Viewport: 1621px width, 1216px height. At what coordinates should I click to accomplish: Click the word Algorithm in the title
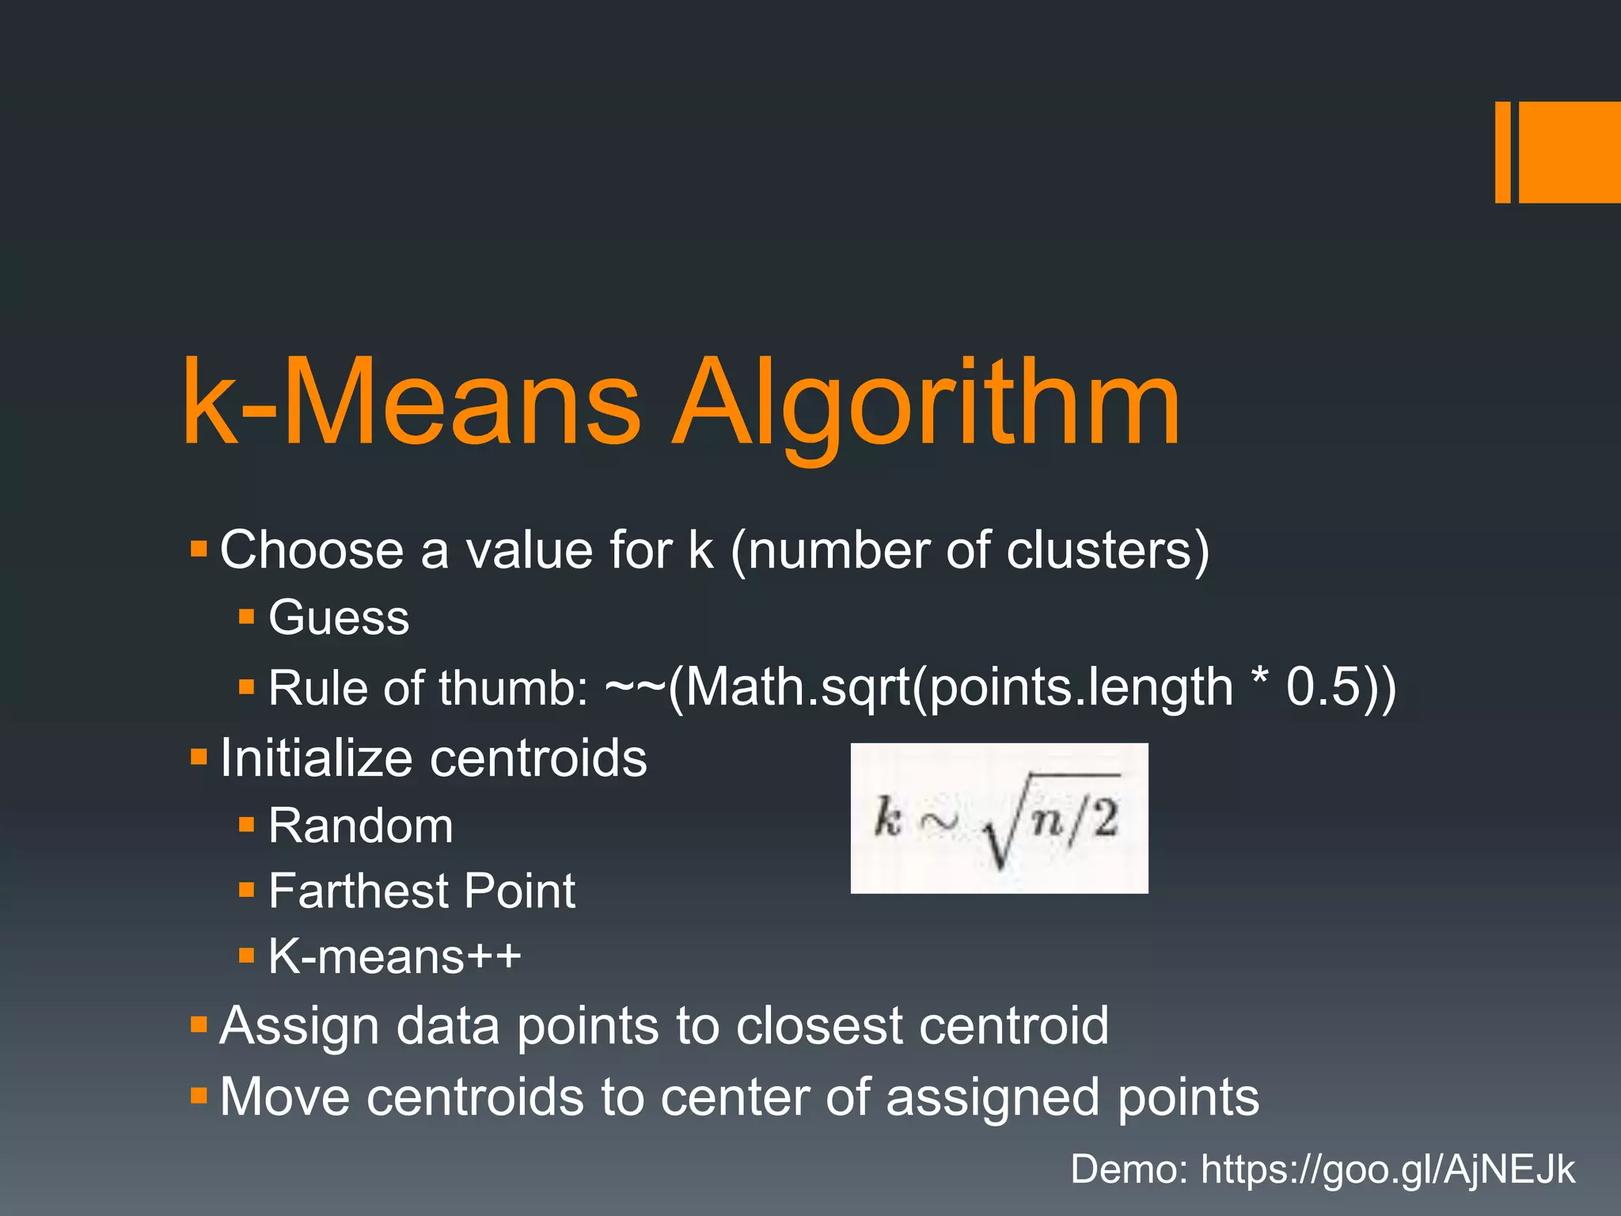click(x=926, y=404)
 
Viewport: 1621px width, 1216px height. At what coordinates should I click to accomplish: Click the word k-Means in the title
click(x=412, y=404)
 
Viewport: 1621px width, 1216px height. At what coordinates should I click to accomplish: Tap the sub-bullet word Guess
click(x=339, y=617)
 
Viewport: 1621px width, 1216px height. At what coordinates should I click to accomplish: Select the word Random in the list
click(x=361, y=826)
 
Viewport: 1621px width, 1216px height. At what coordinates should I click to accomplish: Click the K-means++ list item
click(x=394, y=956)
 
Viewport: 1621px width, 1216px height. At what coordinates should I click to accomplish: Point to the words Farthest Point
click(x=421, y=891)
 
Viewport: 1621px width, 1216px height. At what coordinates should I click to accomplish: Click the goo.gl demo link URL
click(x=1388, y=1169)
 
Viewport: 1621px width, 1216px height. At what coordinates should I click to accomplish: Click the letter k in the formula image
click(x=888, y=817)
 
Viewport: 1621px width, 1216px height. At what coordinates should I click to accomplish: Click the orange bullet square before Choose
click(x=199, y=548)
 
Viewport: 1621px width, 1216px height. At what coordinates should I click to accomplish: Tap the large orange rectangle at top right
click(x=1569, y=152)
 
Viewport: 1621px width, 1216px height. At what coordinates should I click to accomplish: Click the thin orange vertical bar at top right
click(x=1502, y=152)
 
